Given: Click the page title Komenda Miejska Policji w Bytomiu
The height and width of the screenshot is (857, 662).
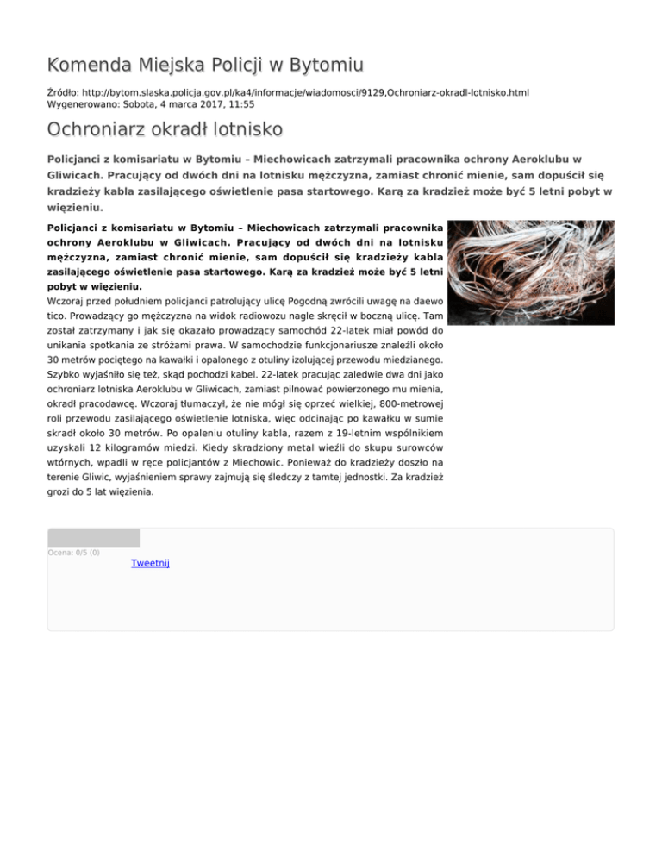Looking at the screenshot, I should click(x=205, y=65).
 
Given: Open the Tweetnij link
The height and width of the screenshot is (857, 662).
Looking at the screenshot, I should click(x=150, y=563).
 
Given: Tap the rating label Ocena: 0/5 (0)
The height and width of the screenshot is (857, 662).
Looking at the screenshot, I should click(x=74, y=553).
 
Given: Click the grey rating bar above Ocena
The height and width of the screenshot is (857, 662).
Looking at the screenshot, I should click(x=93, y=538).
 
